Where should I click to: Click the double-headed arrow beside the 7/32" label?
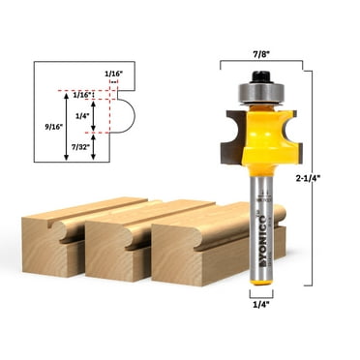click(93, 146)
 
